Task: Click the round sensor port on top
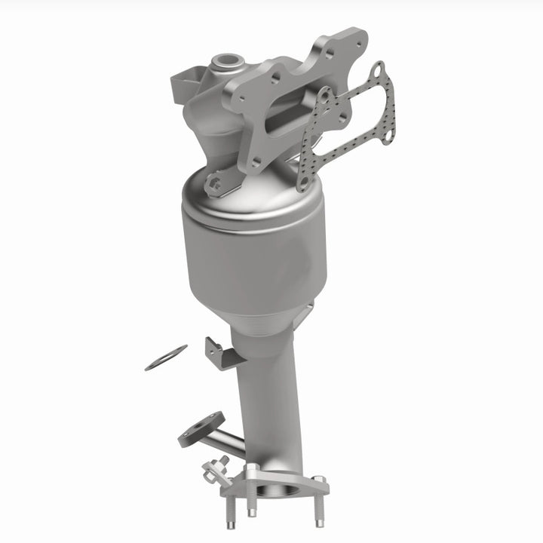pyautogui.click(x=226, y=58)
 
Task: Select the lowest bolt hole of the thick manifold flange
pyautogui.click(x=256, y=161)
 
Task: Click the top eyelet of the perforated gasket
pyautogui.click(x=377, y=70)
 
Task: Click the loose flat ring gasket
pyautogui.click(x=166, y=357)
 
